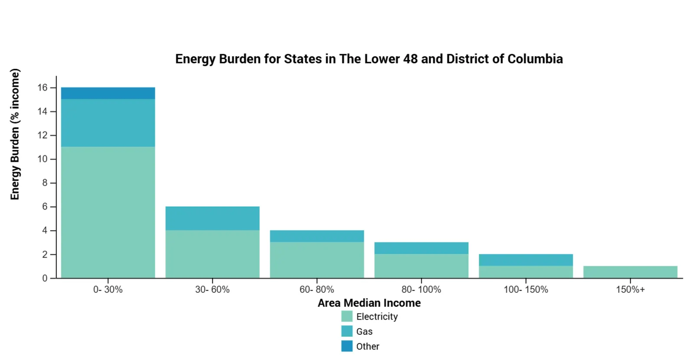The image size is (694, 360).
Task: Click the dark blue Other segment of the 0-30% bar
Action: pyautogui.click(x=108, y=93)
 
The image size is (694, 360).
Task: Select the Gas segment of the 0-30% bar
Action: pyautogui.click(x=108, y=123)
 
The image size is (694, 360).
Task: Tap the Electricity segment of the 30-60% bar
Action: pyautogui.click(x=212, y=254)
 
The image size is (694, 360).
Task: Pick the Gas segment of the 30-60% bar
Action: pyautogui.click(x=212, y=218)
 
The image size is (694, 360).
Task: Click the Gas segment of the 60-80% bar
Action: pyautogui.click(x=317, y=236)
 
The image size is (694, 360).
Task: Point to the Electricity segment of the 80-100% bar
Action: pyautogui.click(x=421, y=265)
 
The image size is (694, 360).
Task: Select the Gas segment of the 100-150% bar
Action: pyautogui.click(x=526, y=260)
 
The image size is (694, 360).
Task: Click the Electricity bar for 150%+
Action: pyautogui.click(x=630, y=272)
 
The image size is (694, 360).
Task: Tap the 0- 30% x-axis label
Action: pyautogui.click(x=108, y=290)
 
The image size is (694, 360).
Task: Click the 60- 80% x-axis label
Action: pyautogui.click(x=317, y=290)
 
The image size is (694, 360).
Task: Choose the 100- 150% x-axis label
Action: pyautogui.click(x=526, y=290)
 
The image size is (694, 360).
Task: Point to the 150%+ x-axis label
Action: pyautogui.click(x=630, y=290)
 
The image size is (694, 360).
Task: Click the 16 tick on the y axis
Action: pyautogui.click(x=43, y=88)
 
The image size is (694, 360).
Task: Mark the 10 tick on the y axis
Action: pyautogui.click(x=43, y=159)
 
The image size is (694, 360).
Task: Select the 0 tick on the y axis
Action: pyautogui.click(x=45, y=278)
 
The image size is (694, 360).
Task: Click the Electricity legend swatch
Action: pyautogui.click(x=347, y=317)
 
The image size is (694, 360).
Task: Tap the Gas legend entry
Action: pyautogui.click(x=364, y=332)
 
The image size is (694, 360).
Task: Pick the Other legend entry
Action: pyautogui.click(x=367, y=347)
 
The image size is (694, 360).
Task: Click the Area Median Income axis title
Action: pyautogui.click(x=369, y=303)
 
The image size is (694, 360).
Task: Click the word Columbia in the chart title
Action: pyautogui.click(x=535, y=59)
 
